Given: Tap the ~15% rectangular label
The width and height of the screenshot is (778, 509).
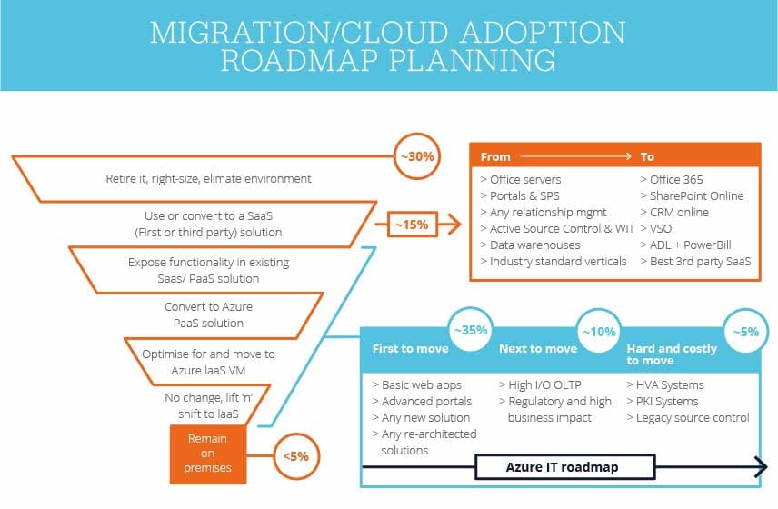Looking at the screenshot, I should point(412,223).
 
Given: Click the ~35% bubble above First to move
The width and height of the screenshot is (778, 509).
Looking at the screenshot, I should point(471,332).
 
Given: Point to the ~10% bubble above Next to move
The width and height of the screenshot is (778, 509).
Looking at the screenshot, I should point(599,332).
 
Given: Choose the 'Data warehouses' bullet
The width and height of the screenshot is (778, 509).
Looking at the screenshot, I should point(529,245).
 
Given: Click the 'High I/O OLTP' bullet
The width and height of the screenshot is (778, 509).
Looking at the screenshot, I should point(542,384).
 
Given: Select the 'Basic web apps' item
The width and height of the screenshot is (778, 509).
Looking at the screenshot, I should point(420,384).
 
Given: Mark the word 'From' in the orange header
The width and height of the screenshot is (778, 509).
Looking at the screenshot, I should point(495,156).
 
